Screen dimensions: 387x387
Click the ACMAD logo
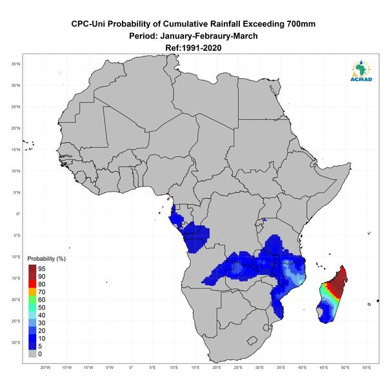click(x=361, y=71)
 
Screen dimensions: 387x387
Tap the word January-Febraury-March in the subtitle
click(x=209, y=36)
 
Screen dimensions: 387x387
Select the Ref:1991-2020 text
click(x=193, y=48)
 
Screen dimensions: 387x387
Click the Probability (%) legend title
click(x=46, y=259)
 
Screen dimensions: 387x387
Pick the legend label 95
click(x=42, y=269)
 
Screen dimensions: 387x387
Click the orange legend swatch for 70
click(x=32, y=292)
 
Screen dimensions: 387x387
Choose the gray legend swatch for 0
click(x=32, y=353)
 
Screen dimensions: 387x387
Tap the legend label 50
click(x=42, y=307)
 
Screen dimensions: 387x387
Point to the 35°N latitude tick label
click(x=15, y=64)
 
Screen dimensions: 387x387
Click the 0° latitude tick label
click(x=18, y=214)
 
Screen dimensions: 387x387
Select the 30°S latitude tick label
click(x=15, y=342)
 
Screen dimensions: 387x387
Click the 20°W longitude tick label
click(x=45, y=368)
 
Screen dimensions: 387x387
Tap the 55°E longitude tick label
click(x=366, y=368)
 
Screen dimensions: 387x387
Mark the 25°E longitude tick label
click(x=238, y=368)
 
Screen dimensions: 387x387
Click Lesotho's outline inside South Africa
click(x=252, y=341)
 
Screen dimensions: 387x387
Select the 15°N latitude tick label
click(x=15, y=150)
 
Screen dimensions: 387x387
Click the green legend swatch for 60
click(x=32, y=300)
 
